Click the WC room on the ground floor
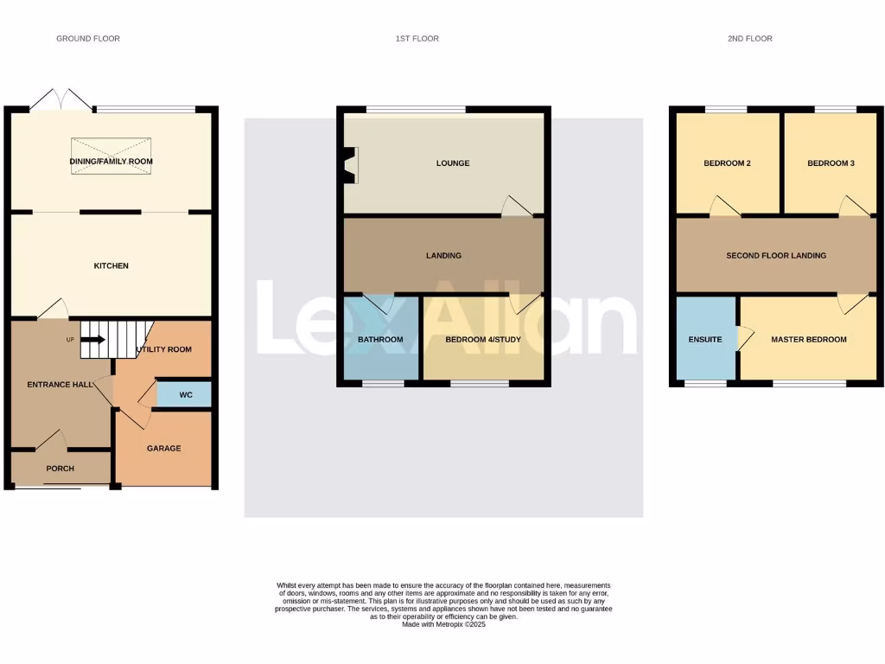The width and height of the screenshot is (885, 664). click(184, 394)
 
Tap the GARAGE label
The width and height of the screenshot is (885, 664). click(163, 448)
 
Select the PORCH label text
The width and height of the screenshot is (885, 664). click(60, 469)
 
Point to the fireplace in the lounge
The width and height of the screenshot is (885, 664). click(351, 164)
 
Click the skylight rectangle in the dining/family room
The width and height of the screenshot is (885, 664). click(111, 156)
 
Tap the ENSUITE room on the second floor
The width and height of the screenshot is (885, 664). click(705, 339)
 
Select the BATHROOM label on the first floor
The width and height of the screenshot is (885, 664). click(380, 340)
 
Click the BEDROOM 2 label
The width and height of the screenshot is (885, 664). click(727, 163)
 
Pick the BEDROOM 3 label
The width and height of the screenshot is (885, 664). click(831, 163)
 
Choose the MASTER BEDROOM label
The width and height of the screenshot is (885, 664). click(809, 340)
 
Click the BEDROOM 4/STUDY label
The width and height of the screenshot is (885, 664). click(483, 340)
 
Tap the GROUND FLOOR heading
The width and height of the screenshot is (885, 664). click(88, 39)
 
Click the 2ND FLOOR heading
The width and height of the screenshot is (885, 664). click(749, 39)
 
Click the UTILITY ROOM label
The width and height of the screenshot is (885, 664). click(163, 349)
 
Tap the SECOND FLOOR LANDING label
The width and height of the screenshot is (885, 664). click(776, 256)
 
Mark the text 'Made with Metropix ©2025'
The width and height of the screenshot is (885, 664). click(444, 624)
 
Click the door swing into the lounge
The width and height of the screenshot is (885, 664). click(517, 205)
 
